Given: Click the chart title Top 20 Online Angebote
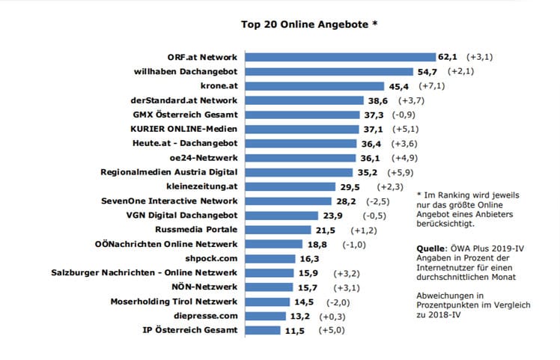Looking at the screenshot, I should pos(308,23).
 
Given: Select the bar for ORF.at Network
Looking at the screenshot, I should pos(341,57).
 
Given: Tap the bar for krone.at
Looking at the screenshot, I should pos(315,86).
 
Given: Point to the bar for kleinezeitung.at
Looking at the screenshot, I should pos(290,186).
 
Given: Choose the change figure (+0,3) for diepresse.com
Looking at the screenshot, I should pos(334,315).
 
